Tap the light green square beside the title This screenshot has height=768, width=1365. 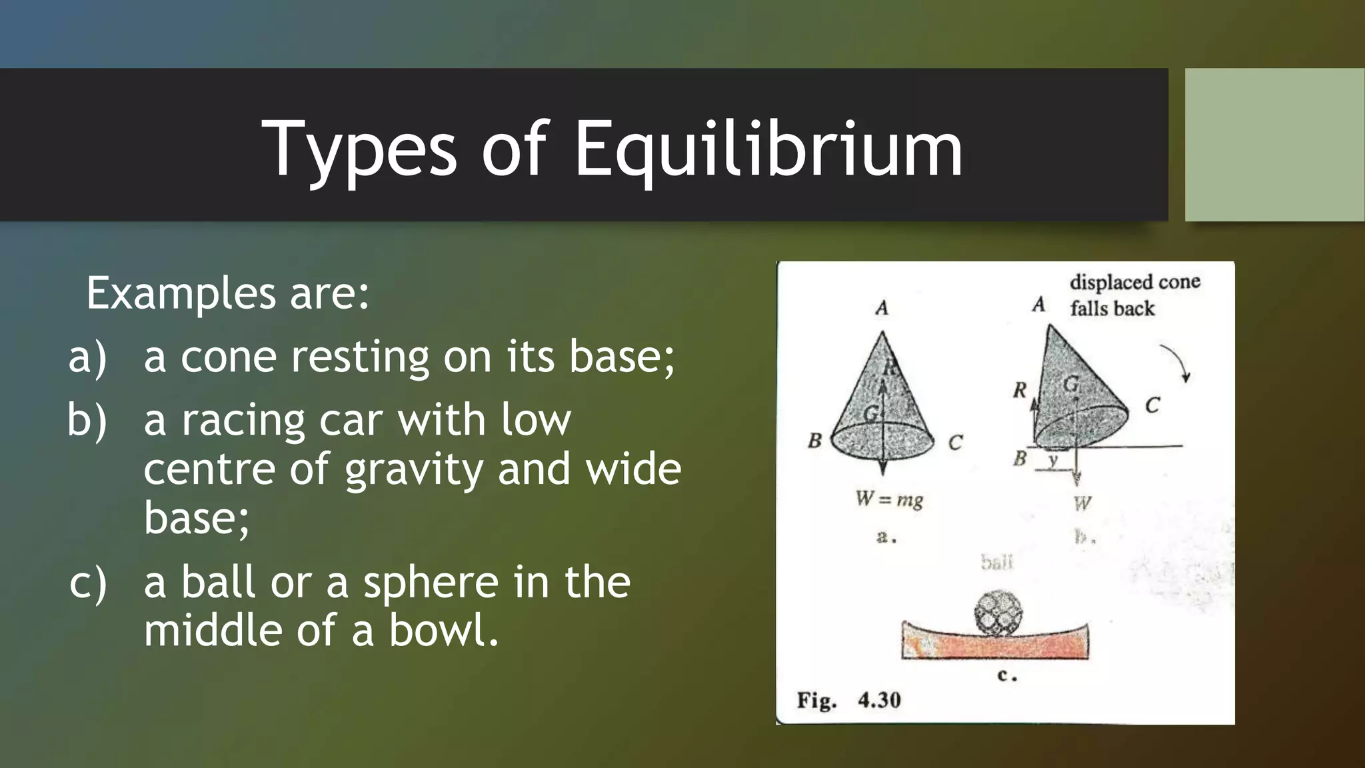click(x=1274, y=145)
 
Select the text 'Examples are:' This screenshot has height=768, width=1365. click(x=228, y=293)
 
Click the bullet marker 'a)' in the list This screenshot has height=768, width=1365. click(x=87, y=357)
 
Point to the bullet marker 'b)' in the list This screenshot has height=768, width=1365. click(x=87, y=421)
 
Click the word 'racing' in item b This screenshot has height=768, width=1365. click(x=243, y=421)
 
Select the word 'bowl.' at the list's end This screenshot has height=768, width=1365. click(x=444, y=631)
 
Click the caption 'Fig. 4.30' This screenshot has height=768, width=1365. click(x=848, y=700)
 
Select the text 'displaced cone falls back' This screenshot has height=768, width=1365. click(x=1133, y=295)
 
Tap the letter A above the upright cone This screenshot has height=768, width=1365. click(x=882, y=308)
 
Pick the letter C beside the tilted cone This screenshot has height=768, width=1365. click(x=1152, y=405)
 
